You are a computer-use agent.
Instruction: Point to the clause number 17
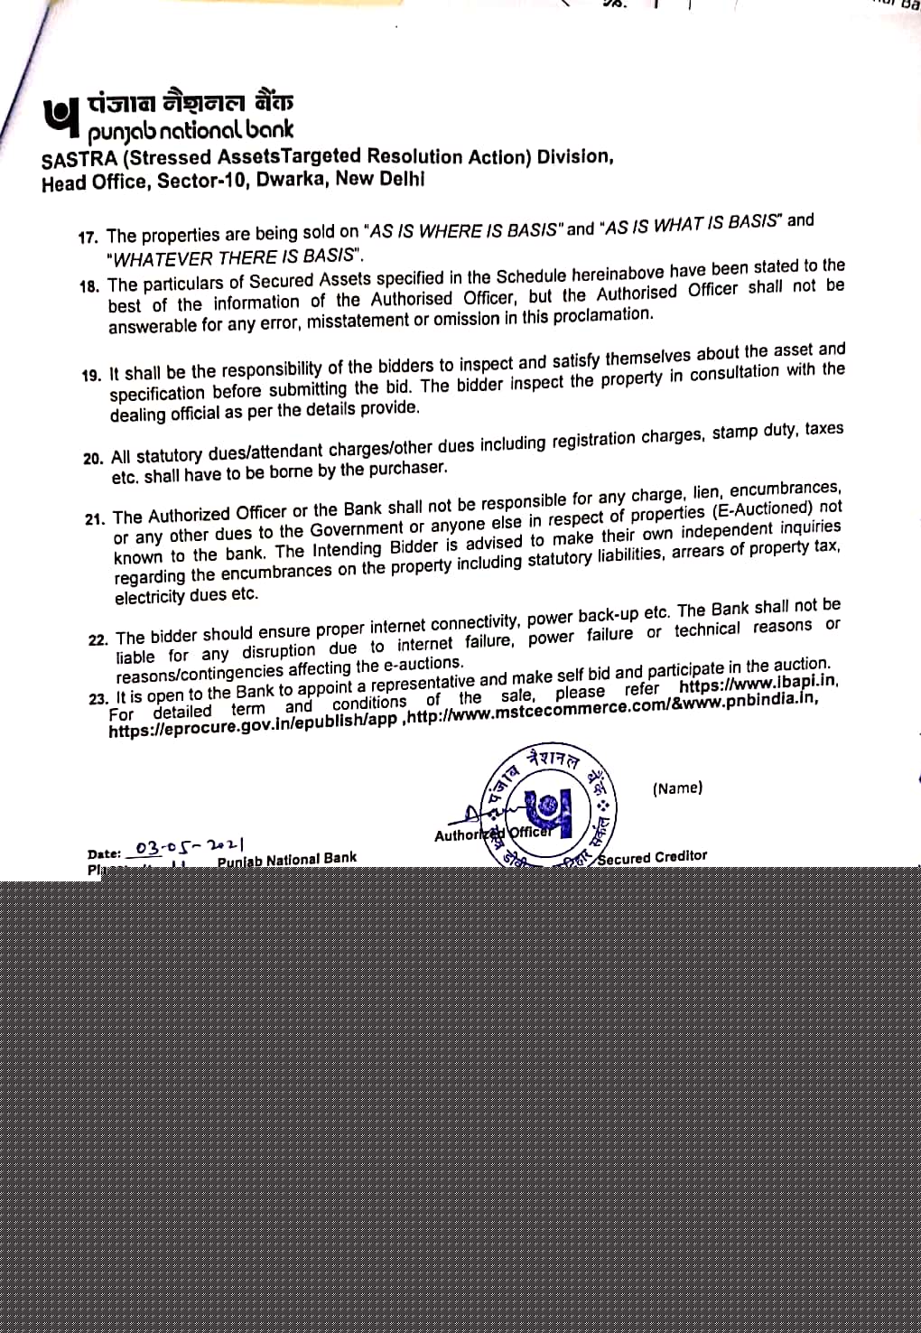88,238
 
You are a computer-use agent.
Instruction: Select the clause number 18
89,286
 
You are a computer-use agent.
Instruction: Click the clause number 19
91,376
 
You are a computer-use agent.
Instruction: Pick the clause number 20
93,459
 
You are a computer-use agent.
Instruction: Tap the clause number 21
95,519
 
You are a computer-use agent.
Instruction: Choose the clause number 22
98,639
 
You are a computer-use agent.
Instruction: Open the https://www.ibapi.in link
758,684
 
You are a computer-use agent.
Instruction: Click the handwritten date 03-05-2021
189,847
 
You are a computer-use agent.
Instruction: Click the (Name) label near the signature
677,788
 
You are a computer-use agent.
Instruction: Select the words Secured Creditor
652,856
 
